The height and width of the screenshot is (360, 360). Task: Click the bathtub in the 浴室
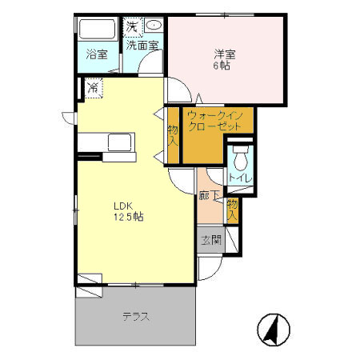point(98,29)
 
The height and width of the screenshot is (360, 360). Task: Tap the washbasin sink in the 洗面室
point(154,25)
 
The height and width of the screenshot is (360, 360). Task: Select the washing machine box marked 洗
point(133,26)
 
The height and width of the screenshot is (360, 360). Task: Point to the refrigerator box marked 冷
point(94,88)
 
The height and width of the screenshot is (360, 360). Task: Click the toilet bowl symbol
point(240,158)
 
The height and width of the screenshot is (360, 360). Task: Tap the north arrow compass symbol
point(274,330)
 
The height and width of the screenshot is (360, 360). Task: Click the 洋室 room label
point(225,54)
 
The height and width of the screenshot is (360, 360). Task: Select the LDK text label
point(123,206)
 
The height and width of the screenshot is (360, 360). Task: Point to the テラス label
point(136,317)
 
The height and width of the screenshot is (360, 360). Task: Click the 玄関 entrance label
point(211,240)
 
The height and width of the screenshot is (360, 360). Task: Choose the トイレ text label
point(240,178)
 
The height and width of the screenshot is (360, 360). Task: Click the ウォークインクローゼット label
point(215,121)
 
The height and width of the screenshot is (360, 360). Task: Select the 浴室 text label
point(97,54)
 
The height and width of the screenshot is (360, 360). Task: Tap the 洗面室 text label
point(142,46)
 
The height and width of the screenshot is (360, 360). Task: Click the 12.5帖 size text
point(129,217)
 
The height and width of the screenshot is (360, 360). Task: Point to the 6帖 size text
point(222,66)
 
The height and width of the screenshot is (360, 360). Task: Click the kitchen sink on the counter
point(119,142)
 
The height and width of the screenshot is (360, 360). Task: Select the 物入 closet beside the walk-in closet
point(173,135)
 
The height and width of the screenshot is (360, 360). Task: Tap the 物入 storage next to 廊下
point(232,210)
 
